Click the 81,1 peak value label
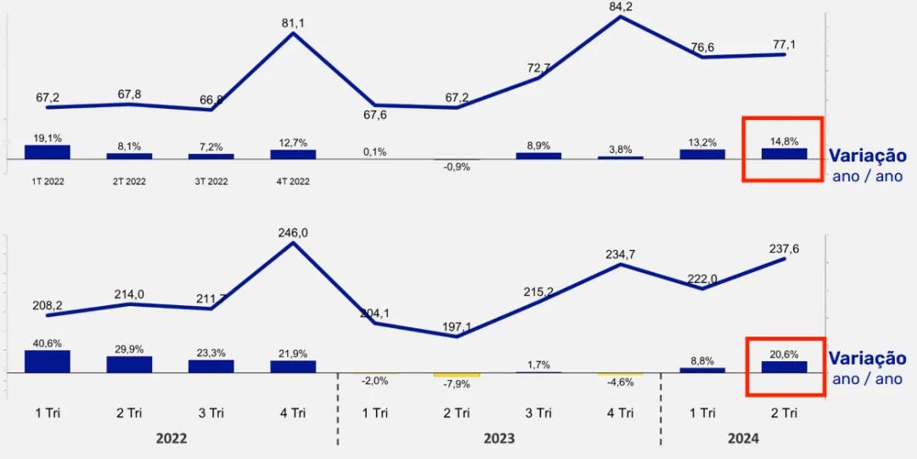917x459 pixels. (x=293, y=23)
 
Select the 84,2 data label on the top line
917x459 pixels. (x=621, y=8)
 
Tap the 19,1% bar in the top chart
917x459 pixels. (x=48, y=152)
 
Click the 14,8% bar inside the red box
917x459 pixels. (x=785, y=154)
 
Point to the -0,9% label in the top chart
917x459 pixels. (x=456, y=167)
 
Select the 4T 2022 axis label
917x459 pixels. (x=293, y=181)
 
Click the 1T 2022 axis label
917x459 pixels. (x=48, y=181)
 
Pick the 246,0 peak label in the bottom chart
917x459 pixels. (x=293, y=231)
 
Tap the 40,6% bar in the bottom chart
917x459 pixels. (x=48, y=361)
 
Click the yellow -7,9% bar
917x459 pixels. (x=456, y=375)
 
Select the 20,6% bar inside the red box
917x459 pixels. (x=785, y=366)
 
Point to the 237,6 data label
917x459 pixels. (x=784, y=248)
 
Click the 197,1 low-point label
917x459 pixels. (x=456, y=326)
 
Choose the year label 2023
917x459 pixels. (x=498, y=439)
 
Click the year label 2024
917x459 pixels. (x=743, y=439)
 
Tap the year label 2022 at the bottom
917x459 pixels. (x=172, y=439)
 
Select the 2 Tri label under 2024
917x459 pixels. (x=784, y=413)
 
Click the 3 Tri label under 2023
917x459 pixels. (x=538, y=413)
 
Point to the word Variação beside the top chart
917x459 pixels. (x=867, y=156)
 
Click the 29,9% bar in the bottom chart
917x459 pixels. (x=129, y=364)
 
